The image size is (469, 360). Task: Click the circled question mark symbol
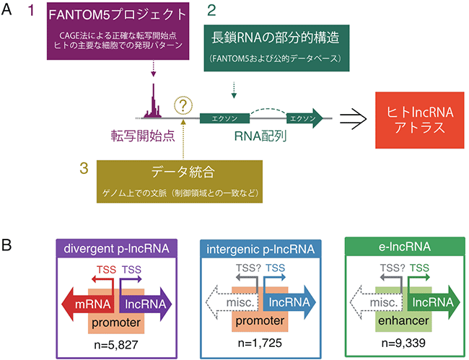[185, 107]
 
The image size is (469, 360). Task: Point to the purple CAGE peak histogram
[153, 105]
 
